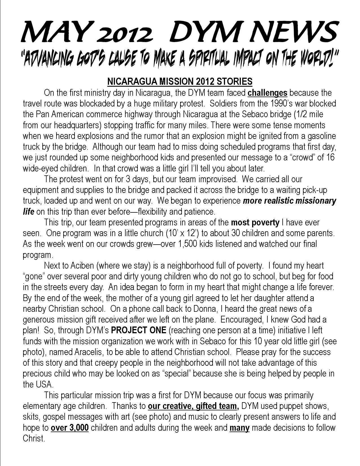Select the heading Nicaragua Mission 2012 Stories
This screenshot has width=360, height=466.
pyautogui.click(x=180, y=82)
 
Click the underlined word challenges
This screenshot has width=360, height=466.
pyautogui.click(x=268, y=93)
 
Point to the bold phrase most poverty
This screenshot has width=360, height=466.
pyautogui.click(x=255, y=222)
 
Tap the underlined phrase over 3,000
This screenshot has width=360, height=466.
pyautogui.click(x=69, y=428)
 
